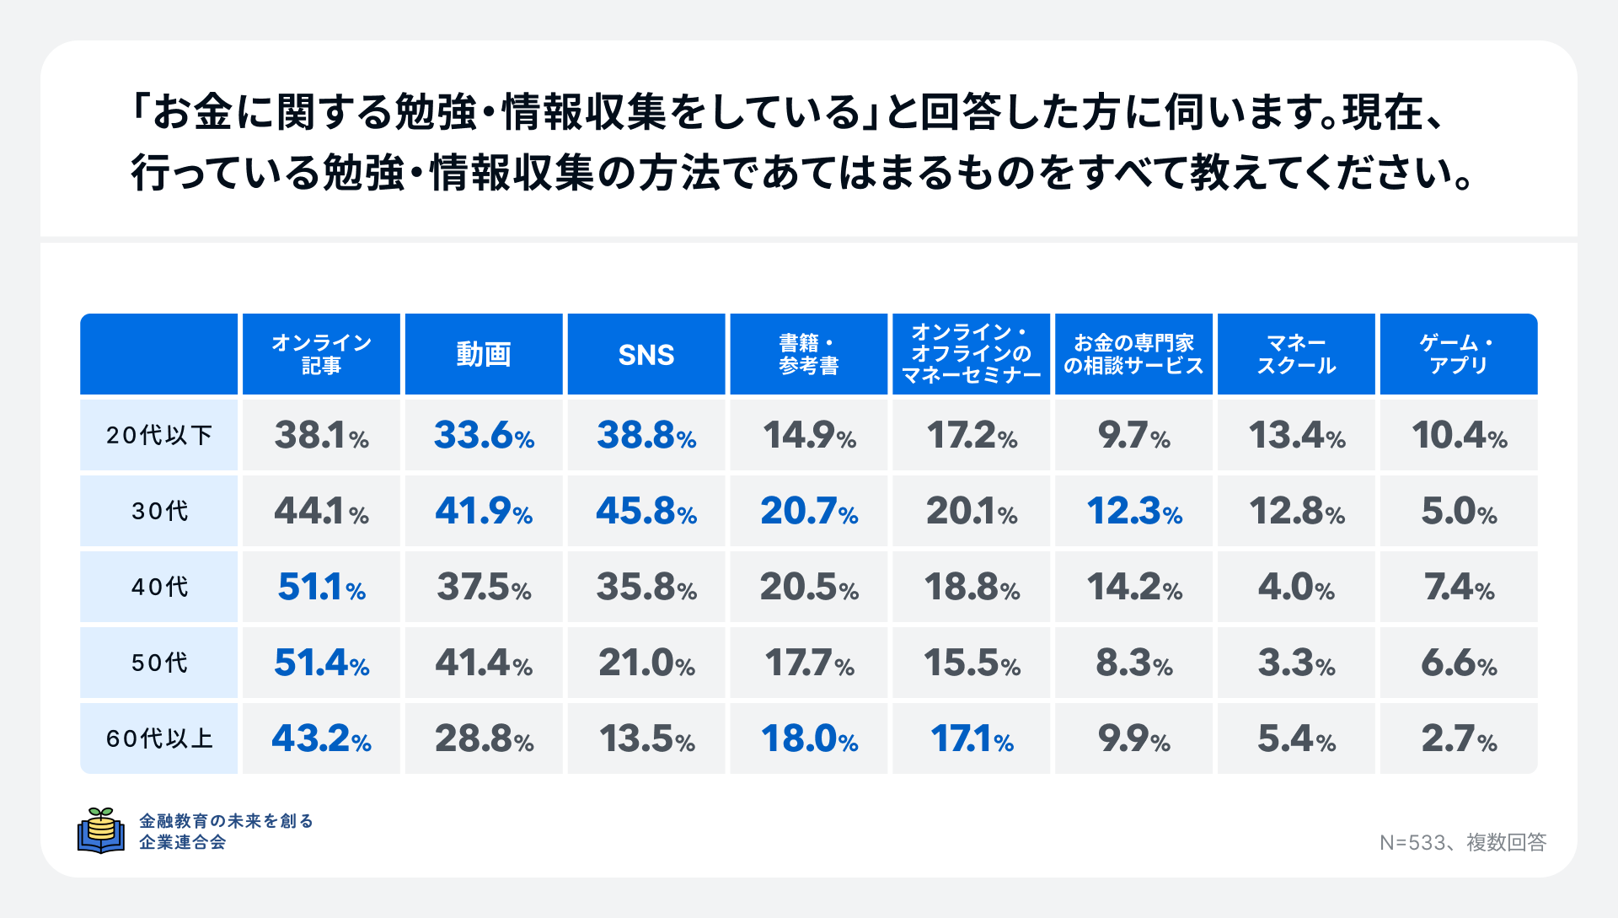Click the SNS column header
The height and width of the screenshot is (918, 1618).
point(646,355)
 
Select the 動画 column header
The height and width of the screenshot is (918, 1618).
point(484,355)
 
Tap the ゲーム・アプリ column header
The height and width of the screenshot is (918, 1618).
point(1458,355)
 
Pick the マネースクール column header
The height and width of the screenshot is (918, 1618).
point(1296,355)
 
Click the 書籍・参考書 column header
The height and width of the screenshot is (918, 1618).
point(809,355)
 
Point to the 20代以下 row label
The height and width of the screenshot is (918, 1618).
point(159,435)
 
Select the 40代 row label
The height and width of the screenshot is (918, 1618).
point(159,587)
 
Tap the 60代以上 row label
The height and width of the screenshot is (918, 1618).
point(159,738)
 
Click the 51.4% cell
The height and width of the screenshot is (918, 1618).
point(321,663)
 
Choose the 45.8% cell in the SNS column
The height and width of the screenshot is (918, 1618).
point(646,511)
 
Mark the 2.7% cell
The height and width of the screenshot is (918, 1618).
point(1458,738)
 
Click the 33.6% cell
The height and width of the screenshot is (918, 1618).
point(484,435)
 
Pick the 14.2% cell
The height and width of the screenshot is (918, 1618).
point(1133,587)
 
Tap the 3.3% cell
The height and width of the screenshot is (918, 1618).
point(1296,663)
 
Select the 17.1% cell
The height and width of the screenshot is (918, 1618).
point(972,738)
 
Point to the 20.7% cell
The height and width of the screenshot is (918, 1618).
point(809,511)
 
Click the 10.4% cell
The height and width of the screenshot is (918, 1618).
point(1458,435)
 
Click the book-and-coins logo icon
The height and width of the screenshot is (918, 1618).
point(101,830)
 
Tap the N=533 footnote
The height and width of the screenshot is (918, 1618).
point(1462,842)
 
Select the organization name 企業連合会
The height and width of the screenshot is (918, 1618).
point(183,842)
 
